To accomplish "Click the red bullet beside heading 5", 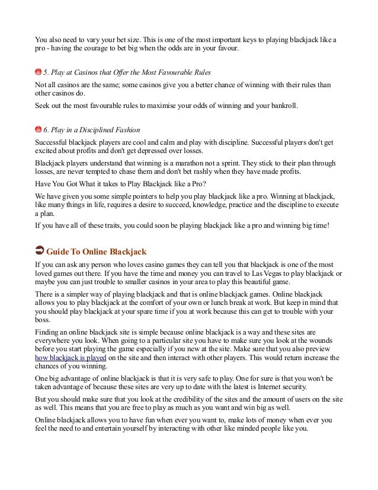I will tap(39, 72).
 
